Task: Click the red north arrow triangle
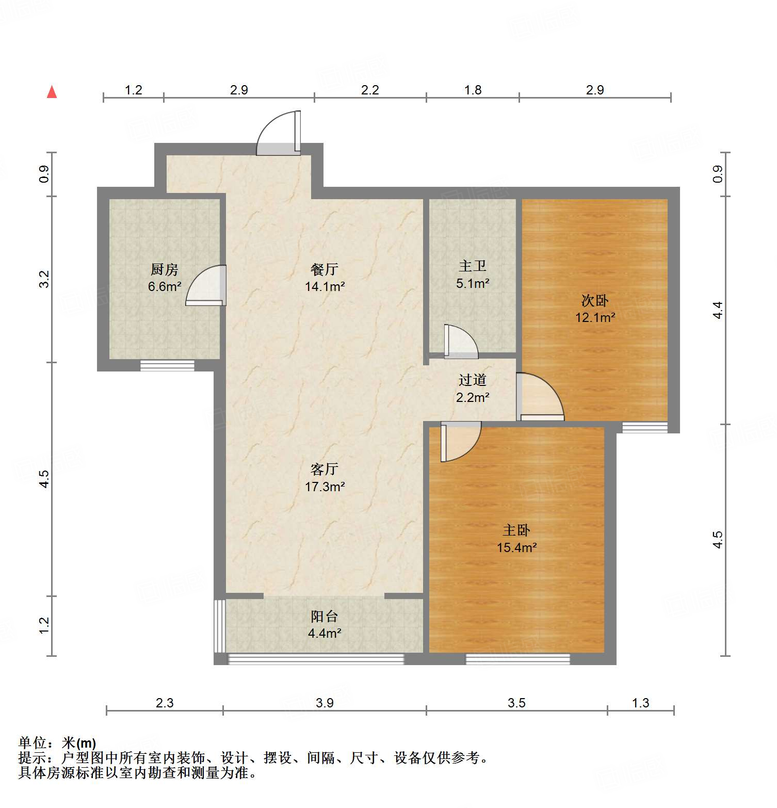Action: pos(52,92)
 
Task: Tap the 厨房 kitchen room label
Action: pos(164,269)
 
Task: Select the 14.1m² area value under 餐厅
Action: pos(325,286)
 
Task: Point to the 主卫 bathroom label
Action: pos(472,266)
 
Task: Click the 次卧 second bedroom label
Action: pos(595,300)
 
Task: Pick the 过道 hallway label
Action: pos(472,380)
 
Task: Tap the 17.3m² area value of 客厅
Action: pos(325,487)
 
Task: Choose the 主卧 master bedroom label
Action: pos(516,530)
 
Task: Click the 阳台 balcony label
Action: pos(325,616)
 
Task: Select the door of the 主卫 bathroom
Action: pos(460,343)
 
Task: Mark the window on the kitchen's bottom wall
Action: pos(167,366)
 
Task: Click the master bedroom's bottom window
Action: pos(517,659)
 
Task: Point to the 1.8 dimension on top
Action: pos(473,90)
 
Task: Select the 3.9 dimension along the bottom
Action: pos(325,703)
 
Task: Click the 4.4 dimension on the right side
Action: pos(718,310)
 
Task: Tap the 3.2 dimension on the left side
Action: pos(45,279)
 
